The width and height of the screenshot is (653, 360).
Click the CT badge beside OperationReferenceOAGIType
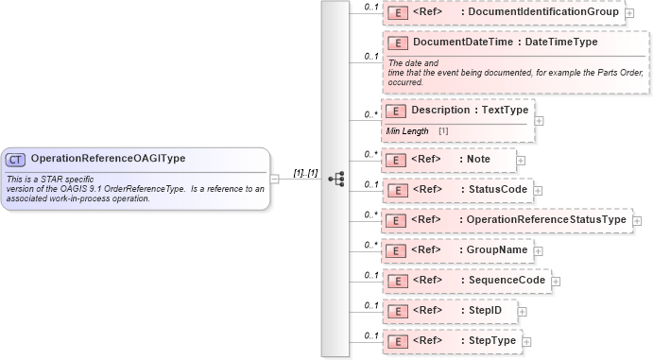[16, 159]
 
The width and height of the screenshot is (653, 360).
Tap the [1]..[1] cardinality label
[304, 174]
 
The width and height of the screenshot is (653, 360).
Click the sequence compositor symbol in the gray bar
[335, 179]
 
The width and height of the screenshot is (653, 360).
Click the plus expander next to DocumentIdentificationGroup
[629, 13]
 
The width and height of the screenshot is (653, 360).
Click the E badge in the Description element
[398, 111]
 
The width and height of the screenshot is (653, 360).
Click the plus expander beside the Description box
[539, 120]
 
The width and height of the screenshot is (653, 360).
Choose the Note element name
[478, 160]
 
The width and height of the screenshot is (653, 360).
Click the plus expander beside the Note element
[522, 161]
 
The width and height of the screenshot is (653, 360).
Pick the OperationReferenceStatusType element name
[547, 220]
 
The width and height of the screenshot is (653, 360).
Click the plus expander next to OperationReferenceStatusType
[636, 221]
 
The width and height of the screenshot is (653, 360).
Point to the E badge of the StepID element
[398, 311]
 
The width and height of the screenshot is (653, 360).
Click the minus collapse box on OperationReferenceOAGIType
[274, 177]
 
